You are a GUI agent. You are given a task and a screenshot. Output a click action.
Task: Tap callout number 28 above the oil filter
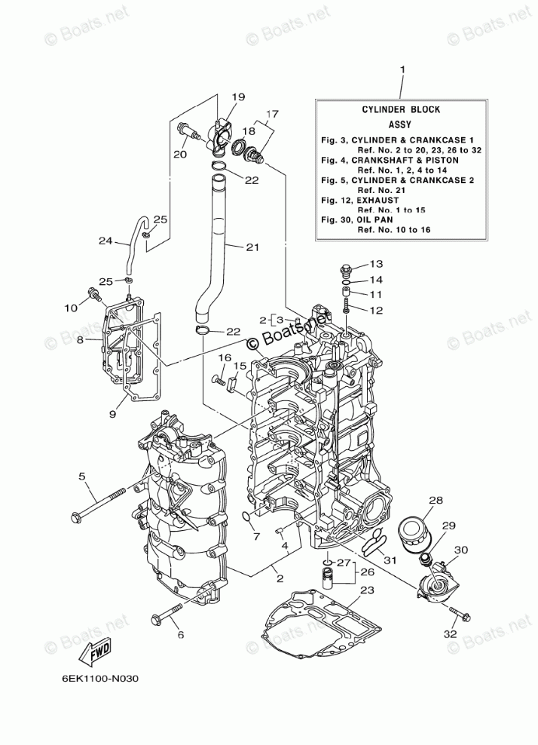click(x=436, y=500)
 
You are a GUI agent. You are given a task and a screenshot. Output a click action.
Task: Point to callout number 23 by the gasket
click(x=367, y=590)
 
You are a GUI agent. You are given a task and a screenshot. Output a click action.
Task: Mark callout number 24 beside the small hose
click(x=105, y=241)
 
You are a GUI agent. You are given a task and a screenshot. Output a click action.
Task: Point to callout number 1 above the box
click(x=402, y=70)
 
